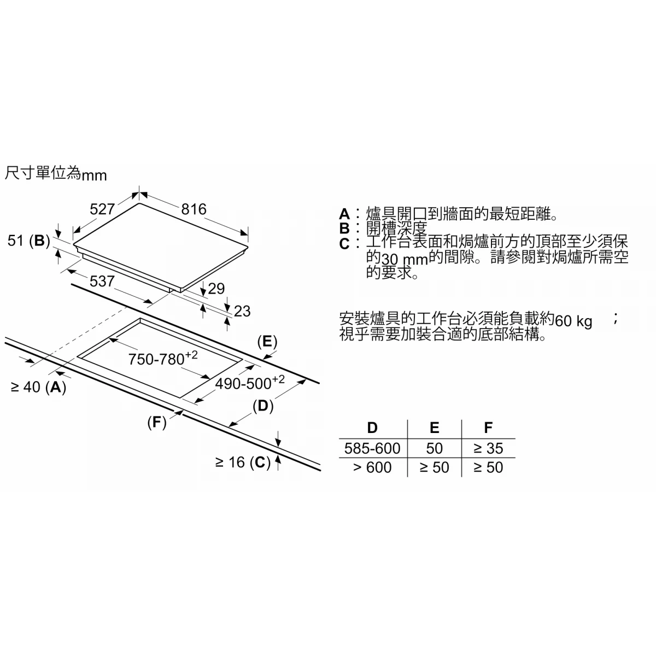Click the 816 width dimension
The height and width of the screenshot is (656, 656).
click(194, 209)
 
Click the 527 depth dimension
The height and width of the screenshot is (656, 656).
click(102, 209)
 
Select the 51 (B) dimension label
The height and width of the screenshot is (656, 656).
click(28, 241)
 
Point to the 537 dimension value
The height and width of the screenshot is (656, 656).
click(102, 281)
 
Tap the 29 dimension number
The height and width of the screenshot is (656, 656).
click(216, 289)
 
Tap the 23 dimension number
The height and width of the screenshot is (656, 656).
click(242, 311)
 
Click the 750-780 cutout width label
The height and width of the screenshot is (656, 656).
click(163, 358)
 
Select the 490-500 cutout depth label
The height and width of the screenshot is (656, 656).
click(250, 382)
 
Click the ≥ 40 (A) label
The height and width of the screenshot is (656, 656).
click(38, 387)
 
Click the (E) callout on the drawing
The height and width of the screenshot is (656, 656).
click(267, 342)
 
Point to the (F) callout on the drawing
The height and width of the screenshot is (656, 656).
click(157, 422)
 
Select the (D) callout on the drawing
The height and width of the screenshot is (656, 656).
click(263, 406)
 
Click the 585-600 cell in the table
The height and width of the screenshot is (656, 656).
click(372, 448)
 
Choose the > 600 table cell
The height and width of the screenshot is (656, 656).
click(372, 467)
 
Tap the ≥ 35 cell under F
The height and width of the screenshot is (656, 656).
click(488, 448)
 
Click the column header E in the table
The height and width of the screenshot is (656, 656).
click(435, 427)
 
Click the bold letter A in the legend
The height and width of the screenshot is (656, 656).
click(344, 214)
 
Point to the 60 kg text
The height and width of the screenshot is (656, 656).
click(573, 321)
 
